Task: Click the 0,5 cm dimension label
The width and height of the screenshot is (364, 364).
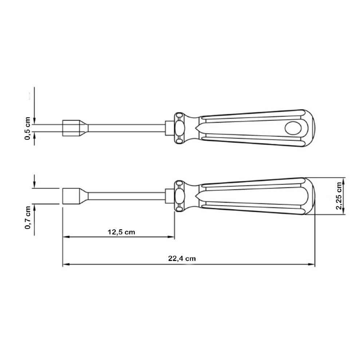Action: [27, 128]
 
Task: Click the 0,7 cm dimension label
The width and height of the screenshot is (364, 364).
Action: [28, 218]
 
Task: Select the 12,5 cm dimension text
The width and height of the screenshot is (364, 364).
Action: [121, 232]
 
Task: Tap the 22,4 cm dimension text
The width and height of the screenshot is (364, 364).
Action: [182, 258]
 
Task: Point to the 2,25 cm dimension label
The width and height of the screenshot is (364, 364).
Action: [339, 196]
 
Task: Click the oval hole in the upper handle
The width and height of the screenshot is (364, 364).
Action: [293, 128]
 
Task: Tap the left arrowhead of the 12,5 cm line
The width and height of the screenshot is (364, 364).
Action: [66, 237]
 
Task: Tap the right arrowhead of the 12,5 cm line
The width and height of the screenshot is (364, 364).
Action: [171, 237]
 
